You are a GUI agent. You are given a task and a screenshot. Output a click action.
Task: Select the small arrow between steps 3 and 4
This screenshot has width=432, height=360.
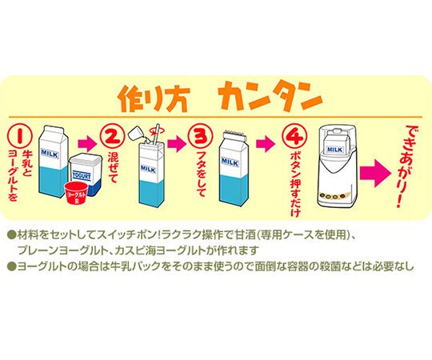(x=262, y=145)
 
